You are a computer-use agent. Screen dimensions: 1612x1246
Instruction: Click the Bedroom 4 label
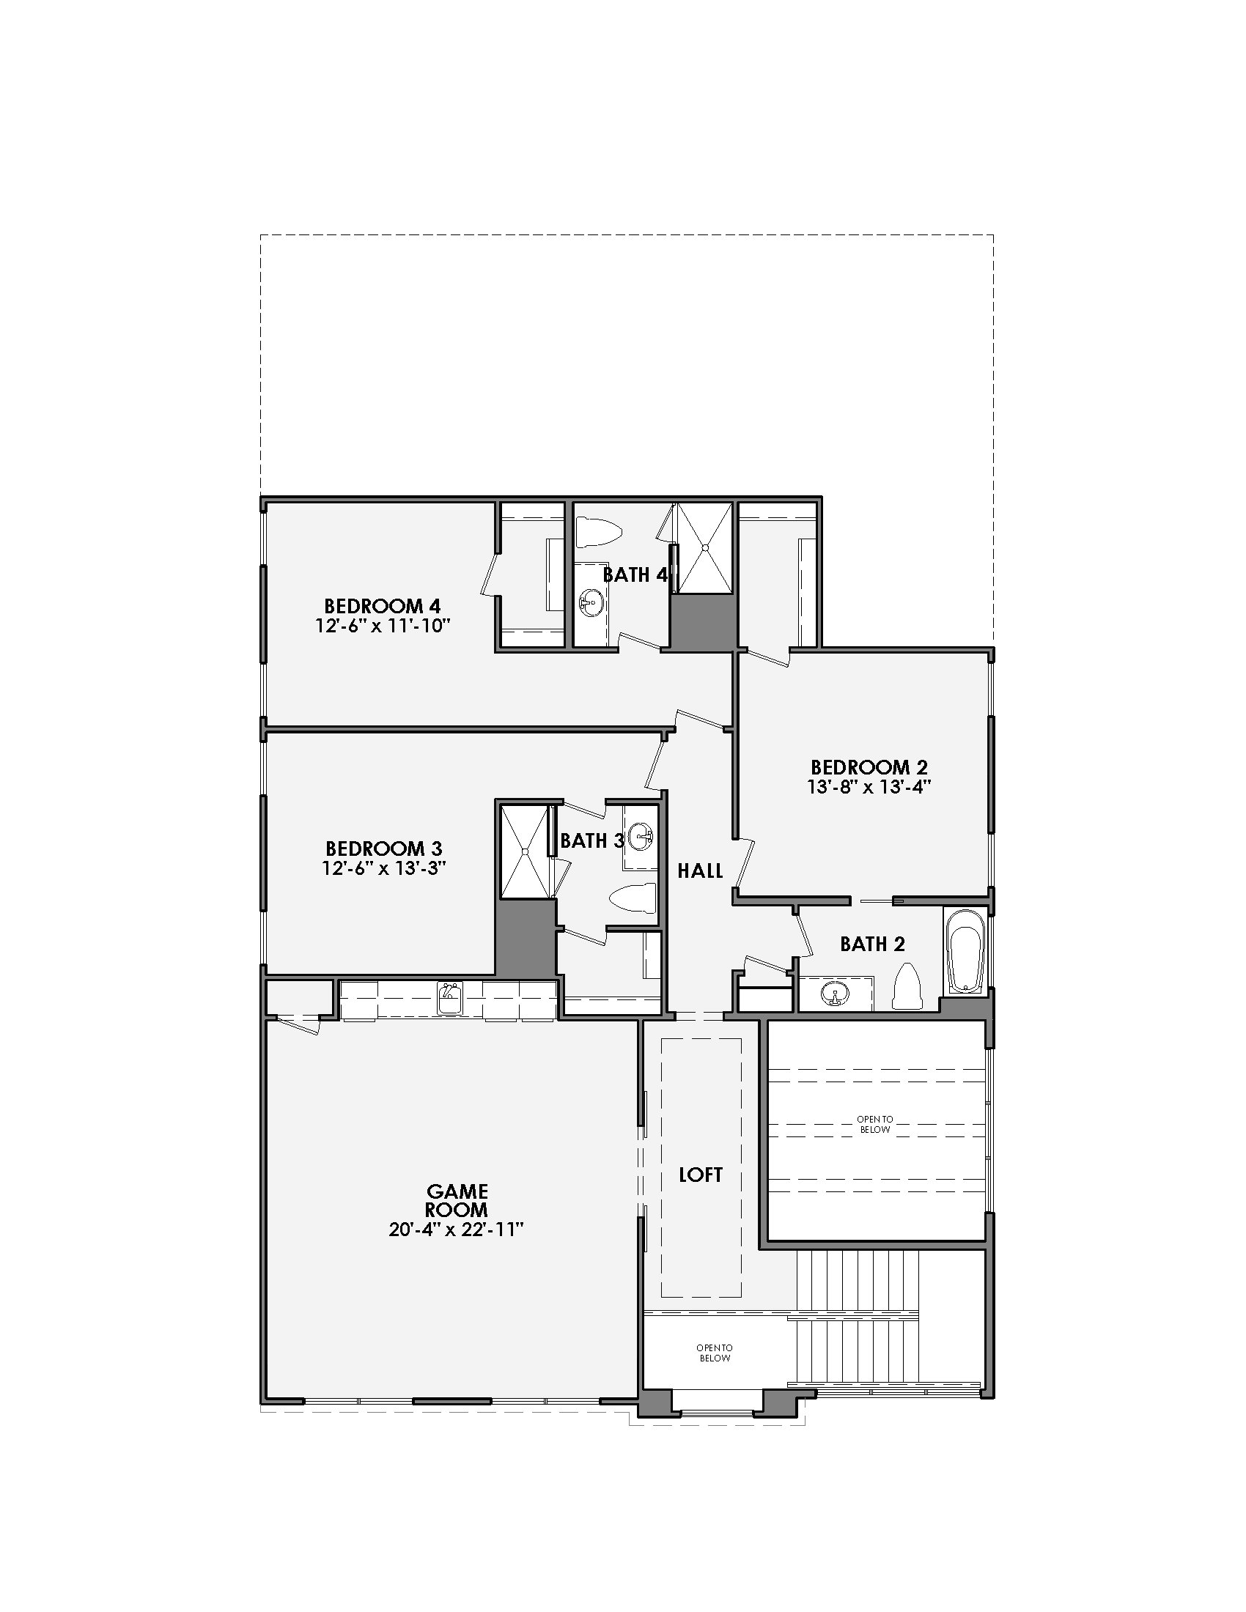(383, 606)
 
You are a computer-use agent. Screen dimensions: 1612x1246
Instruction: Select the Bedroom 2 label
(869, 768)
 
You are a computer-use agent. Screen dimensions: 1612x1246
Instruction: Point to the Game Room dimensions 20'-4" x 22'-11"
(456, 1230)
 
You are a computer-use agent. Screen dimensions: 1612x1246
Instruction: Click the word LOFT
(701, 1175)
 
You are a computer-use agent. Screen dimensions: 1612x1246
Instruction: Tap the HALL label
(700, 871)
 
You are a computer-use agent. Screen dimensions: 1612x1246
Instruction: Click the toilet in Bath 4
(598, 532)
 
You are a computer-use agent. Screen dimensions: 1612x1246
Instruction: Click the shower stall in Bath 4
(705, 547)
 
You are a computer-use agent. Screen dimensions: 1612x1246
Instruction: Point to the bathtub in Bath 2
(965, 951)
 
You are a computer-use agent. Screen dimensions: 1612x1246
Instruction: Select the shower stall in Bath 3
(525, 851)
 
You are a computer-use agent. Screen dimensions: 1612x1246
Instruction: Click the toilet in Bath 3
(633, 897)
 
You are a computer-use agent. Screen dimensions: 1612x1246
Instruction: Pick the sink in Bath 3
(640, 836)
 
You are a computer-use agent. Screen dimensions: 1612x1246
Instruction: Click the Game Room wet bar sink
(449, 999)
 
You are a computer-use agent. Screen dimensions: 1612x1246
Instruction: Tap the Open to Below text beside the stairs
(714, 1353)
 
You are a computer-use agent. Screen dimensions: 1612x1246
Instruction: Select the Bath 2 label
(871, 943)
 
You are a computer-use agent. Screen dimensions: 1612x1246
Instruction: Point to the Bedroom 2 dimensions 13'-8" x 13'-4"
(869, 787)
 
